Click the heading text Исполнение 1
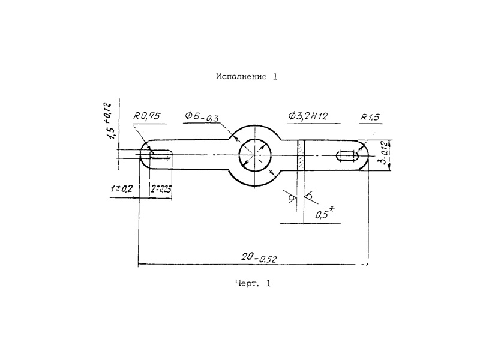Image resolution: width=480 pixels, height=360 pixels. [x=247, y=77]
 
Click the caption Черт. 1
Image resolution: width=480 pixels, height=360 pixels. [x=253, y=284]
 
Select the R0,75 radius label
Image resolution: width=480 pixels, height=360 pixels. [x=147, y=117]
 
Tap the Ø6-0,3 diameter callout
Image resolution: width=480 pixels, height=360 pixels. [x=202, y=116]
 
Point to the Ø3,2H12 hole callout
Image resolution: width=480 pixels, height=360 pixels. [x=311, y=116]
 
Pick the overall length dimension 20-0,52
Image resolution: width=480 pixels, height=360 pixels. [x=259, y=257]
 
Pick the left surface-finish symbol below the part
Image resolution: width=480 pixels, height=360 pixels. [x=293, y=197]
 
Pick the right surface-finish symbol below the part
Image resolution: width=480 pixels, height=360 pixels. [x=310, y=197]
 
